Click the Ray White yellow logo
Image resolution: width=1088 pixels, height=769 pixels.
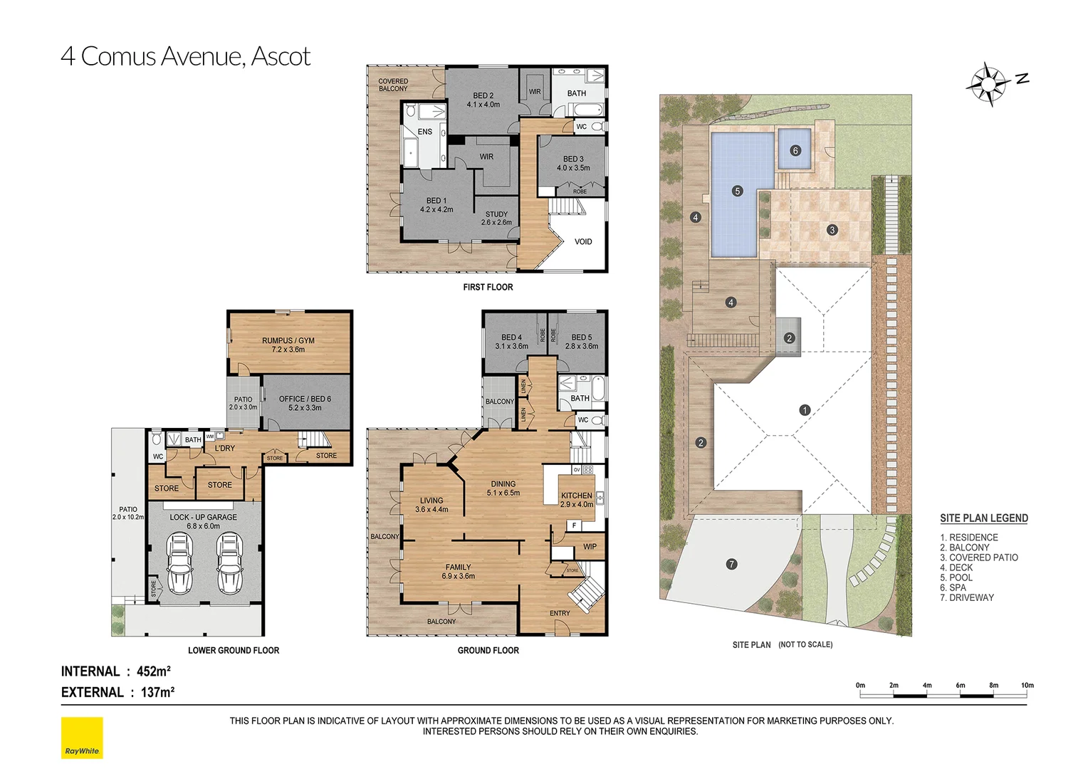[x=82, y=738]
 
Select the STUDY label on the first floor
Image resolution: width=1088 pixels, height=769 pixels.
[x=496, y=214]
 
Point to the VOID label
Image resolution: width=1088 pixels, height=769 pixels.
[x=583, y=241]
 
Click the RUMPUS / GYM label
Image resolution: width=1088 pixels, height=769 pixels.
[x=288, y=340]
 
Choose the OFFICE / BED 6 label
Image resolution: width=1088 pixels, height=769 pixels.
[x=305, y=399]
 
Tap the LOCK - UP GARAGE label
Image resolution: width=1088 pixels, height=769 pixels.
[x=204, y=518]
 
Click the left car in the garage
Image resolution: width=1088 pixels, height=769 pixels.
[x=179, y=563]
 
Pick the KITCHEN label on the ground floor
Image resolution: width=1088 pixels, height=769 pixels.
[x=577, y=496]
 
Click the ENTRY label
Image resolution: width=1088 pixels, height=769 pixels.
[x=560, y=613]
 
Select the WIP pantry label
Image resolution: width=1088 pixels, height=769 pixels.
[x=590, y=547]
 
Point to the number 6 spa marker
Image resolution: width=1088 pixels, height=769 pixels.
[x=795, y=150]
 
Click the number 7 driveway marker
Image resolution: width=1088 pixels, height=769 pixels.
[x=731, y=564]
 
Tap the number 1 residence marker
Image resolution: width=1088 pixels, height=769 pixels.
[x=805, y=410]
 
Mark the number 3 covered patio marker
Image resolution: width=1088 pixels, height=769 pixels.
[x=832, y=230]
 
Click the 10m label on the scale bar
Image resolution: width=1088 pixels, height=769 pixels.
[x=1027, y=686]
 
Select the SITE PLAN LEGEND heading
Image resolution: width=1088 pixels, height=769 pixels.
[x=984, y=518]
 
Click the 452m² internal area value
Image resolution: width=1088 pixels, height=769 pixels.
[x=154, y=671]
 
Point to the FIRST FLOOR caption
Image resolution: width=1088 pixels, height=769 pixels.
[x=488, y=287]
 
